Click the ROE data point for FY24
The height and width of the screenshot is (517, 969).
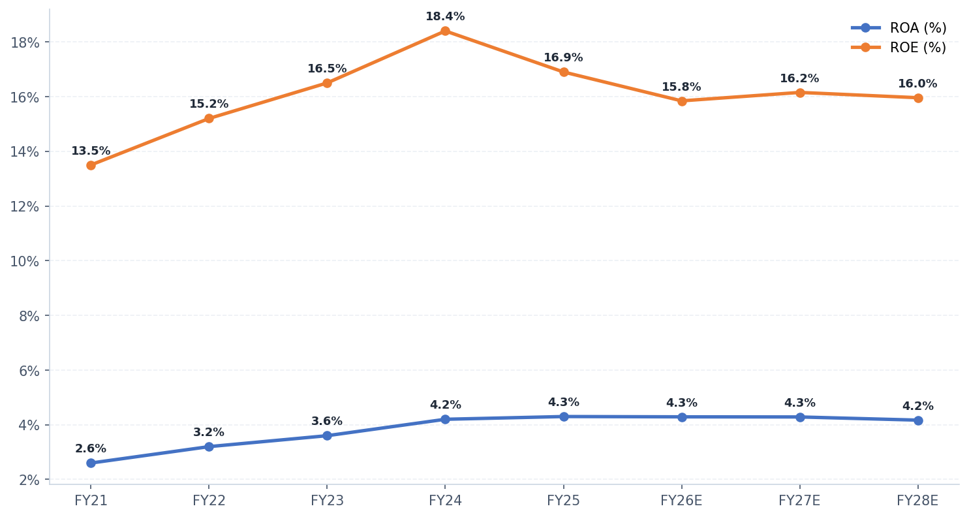point(445,31)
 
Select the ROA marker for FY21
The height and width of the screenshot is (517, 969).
point(91,463)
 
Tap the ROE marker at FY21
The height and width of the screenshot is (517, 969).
point(91,165)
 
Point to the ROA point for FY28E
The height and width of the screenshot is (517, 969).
point(917,420)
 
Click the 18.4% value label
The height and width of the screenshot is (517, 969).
point(445,17)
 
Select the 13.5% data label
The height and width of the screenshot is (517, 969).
point(91,151)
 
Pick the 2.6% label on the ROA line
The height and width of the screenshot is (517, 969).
point(91,449)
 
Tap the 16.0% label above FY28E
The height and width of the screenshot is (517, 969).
point(917,84)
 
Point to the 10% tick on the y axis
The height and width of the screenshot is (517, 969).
point(25,261)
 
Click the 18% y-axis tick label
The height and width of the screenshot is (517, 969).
point(25,42)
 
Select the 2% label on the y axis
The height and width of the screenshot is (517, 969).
point(29,480)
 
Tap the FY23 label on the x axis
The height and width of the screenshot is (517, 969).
point(327,501)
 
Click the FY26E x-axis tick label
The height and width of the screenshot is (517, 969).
point(681,501)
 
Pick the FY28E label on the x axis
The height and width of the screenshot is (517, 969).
point(917,501)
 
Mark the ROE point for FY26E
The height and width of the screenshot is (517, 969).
point(681,101)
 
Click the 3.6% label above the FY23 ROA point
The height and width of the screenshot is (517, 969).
point(327,422)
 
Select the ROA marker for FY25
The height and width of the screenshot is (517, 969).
point(563,416)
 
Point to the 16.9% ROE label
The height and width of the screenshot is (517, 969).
point(563,58)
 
